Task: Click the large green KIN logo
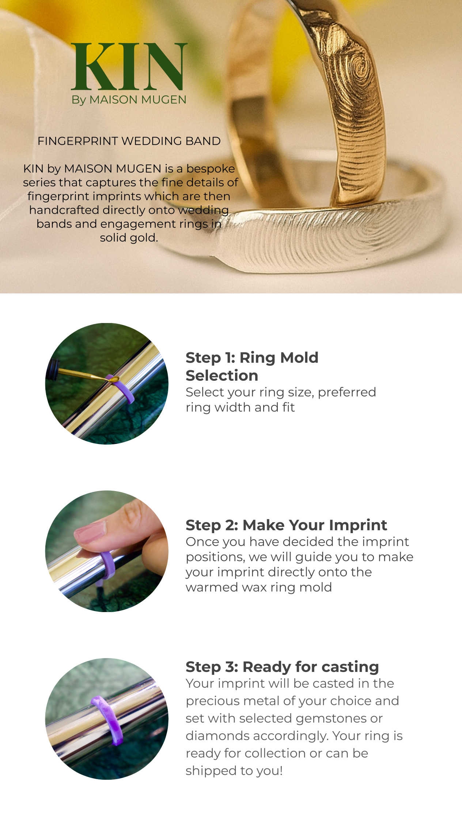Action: pos(129,67)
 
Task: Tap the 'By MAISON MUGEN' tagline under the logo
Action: pos(129,100)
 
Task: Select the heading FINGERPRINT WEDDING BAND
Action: pos(129,141)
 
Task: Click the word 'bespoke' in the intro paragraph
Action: pos(211,169)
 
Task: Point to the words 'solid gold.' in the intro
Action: pos(129,238)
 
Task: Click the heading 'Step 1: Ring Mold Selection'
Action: pos(252,366)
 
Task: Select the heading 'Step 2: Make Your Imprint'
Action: pos(286,525)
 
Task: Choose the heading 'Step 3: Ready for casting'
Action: pos(282,667)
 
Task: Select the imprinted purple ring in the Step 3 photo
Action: pos(108,719)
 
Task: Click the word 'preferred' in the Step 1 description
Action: pos(347,392)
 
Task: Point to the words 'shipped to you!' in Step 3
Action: pos(234,771)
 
